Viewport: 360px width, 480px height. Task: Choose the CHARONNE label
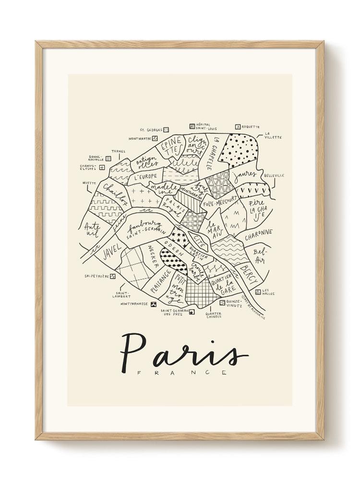tap(258, 235)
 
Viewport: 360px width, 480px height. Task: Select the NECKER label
tap(152, 256)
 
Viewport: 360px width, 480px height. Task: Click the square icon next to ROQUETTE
tap(237, 127)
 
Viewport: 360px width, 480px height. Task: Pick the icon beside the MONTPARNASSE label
tap(154, 304)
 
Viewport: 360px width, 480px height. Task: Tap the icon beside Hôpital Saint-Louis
tap(192, 126)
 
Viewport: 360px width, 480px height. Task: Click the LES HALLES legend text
tap(268, 292)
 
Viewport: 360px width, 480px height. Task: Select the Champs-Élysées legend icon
tap(102, 168)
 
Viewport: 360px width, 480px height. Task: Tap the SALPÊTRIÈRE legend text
tap(96, 276)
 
